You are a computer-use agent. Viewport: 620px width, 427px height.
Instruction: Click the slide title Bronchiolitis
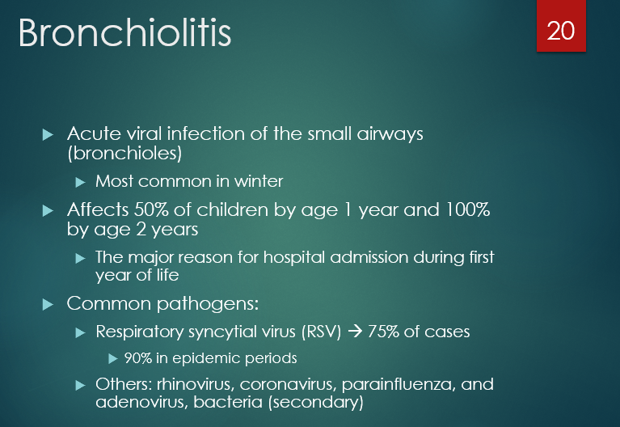(124, 34)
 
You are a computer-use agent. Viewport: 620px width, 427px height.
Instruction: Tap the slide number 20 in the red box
(560, 32)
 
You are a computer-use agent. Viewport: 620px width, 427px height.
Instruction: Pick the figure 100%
(466, 210)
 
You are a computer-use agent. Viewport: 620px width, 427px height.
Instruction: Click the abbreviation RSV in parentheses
(327, 332)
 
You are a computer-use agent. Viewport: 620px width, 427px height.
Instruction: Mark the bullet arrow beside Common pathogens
(47, 304)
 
